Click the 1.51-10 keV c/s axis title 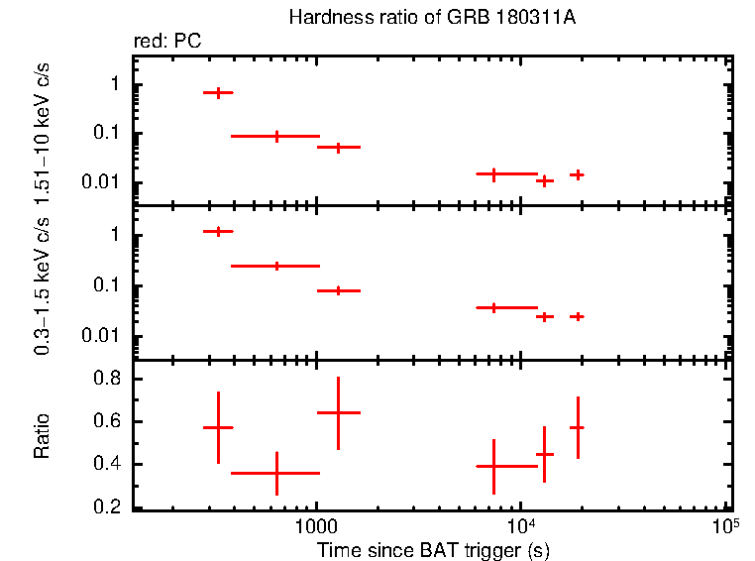point(43,126)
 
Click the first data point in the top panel point(218,92)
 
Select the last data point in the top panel point(577,174)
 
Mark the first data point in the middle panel point(218,231)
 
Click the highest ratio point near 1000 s point(338,412)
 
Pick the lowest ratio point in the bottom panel point(276,474)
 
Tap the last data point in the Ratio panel point(577,427)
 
